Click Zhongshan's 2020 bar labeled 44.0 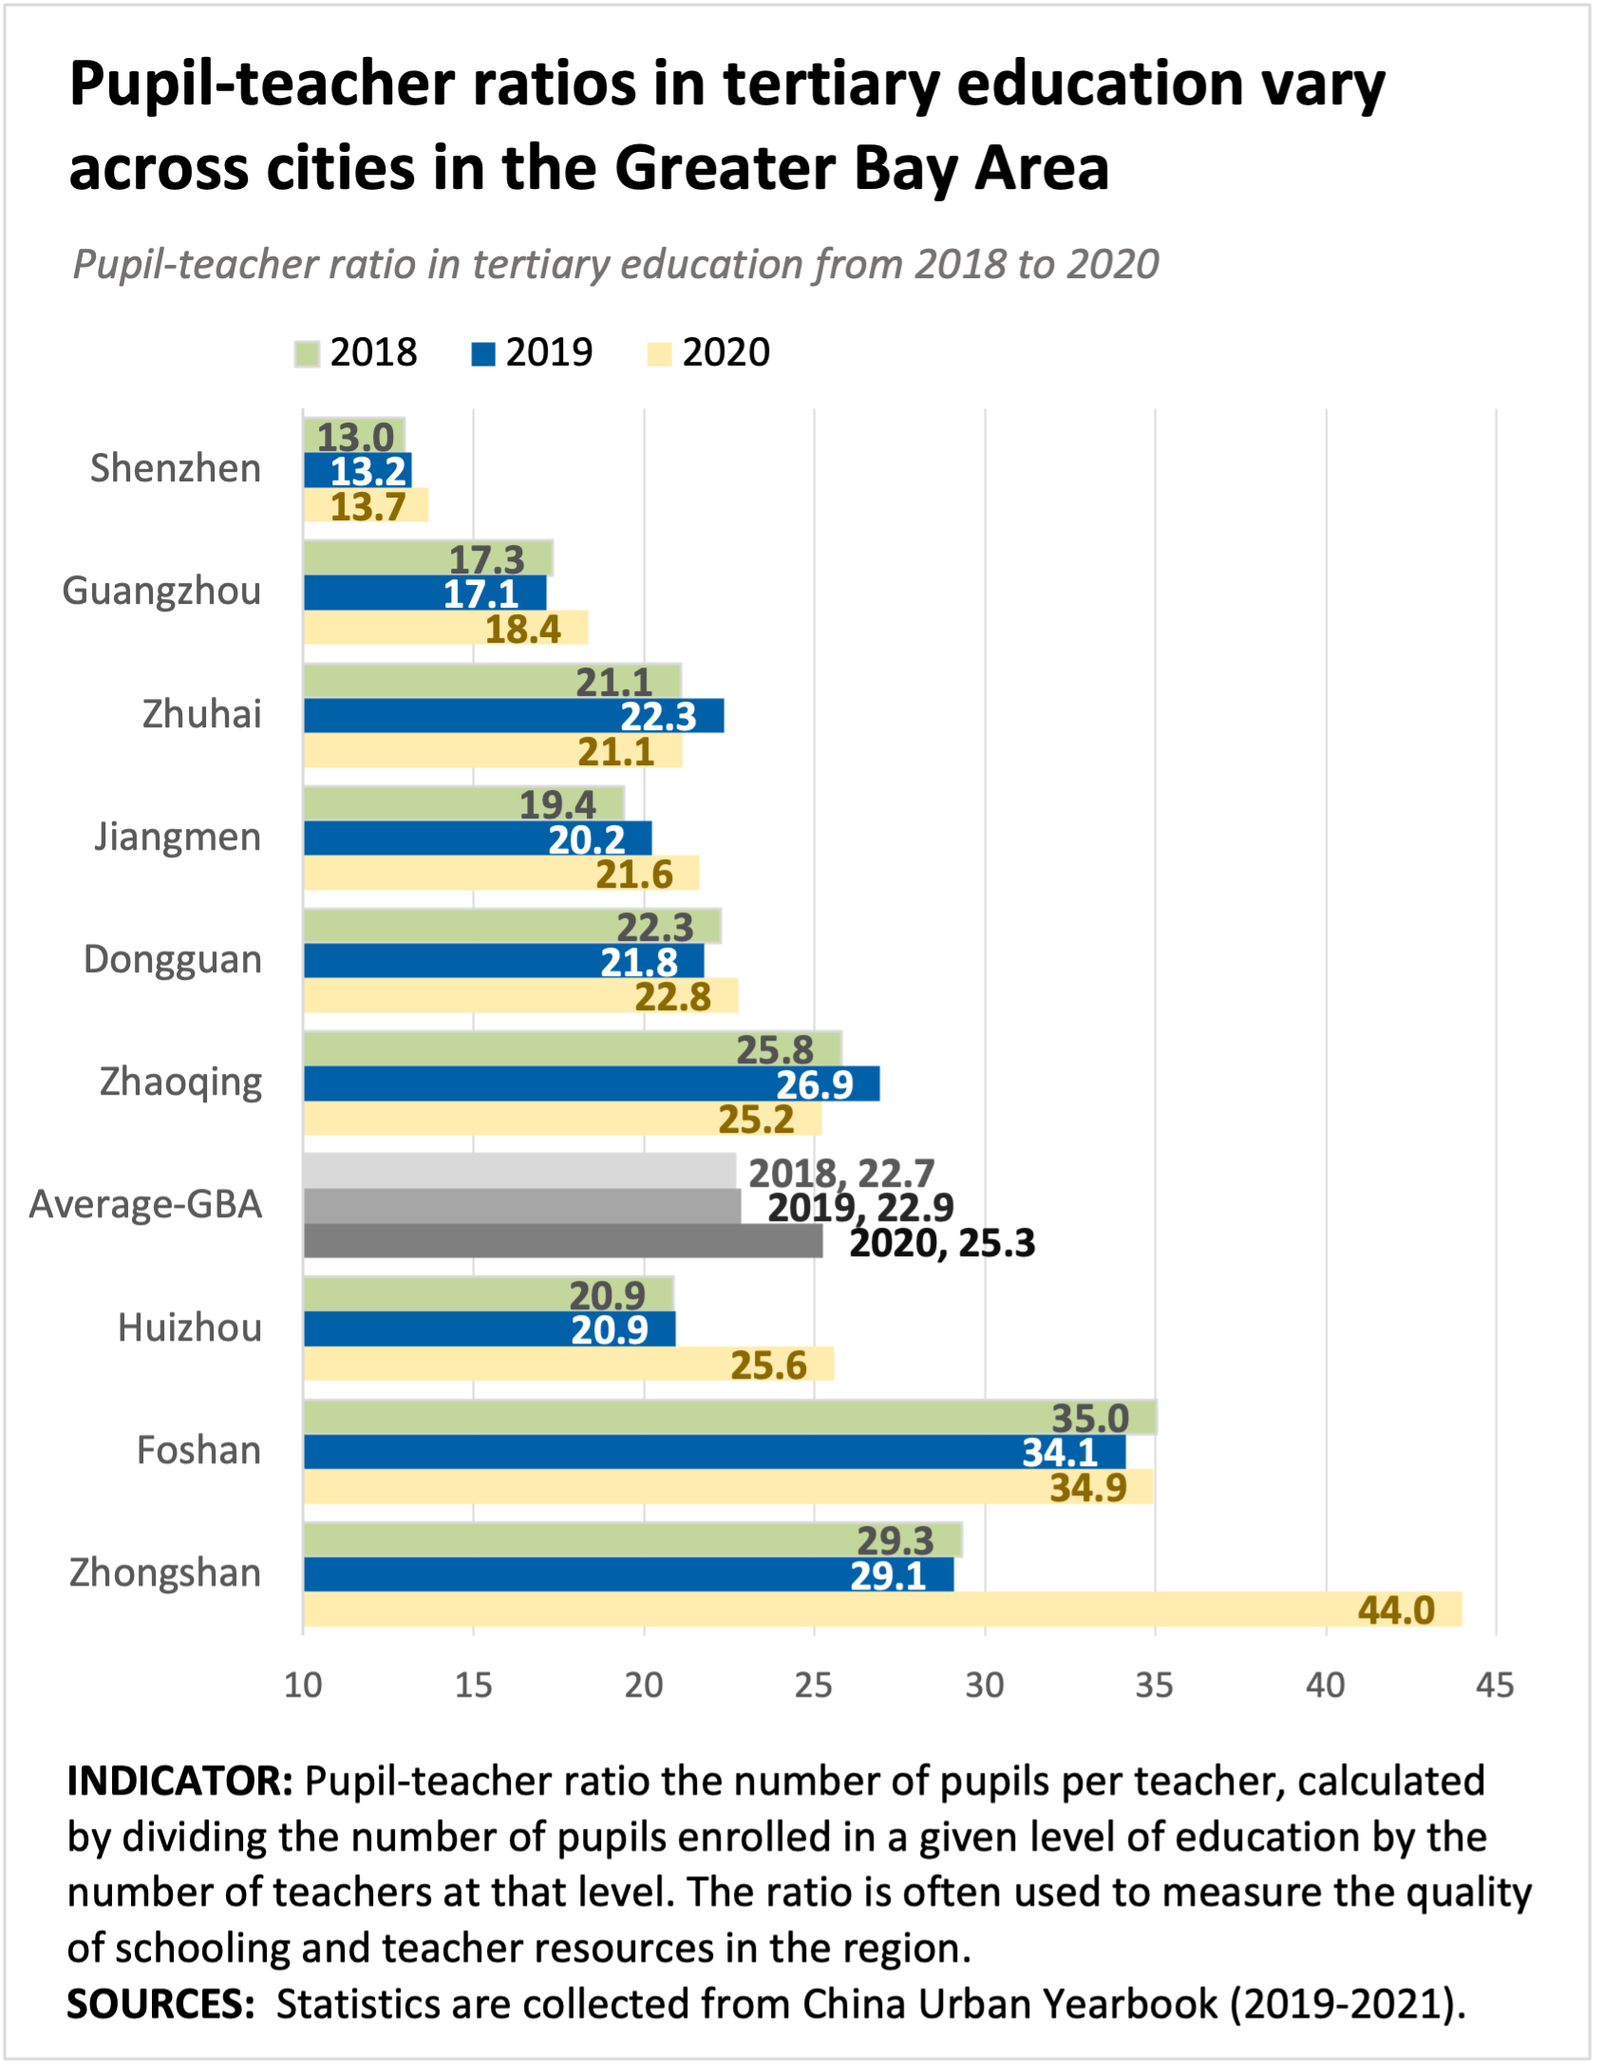pos(882,1609)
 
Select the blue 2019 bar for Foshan pos(714,1452)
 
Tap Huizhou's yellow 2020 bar pos(569,1363)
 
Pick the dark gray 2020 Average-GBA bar pos(563,1241)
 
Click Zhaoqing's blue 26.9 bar pos(592,1083)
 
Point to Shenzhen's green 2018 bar pos(354,435)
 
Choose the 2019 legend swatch pos(483,354)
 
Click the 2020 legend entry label pos(726,352)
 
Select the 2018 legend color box pos(307,354)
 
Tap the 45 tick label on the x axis pos(1494,1685)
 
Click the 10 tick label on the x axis pos(304,1685)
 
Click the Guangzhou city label pos(161,592)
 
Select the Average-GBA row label pos(145,1204)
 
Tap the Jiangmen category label pos(178,837)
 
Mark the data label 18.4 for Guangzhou pos(523,629)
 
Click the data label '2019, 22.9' pos(860,1208)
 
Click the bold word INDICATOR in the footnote pos(180,1781)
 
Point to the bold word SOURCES pos(160,2004)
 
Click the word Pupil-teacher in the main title pos(260,85)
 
